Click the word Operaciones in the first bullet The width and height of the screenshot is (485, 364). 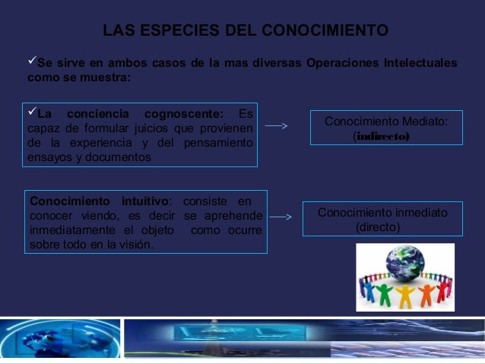pos(339,62)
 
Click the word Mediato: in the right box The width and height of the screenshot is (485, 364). pos(420,122)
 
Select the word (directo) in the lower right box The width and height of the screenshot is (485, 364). pos(377,227)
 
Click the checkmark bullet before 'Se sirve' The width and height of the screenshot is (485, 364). pos(31,62)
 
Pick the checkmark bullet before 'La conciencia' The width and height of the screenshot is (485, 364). pos(32,114)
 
